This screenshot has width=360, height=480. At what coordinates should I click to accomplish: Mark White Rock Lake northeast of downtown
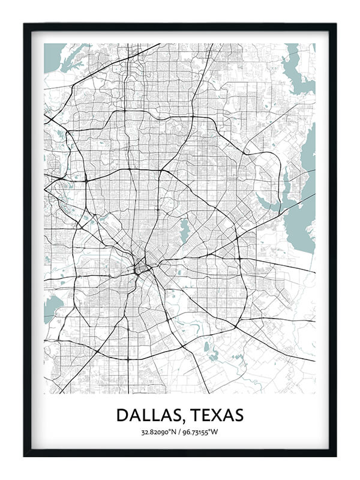tap(184, 230)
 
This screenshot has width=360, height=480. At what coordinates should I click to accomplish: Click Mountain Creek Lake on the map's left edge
tap(52, 307)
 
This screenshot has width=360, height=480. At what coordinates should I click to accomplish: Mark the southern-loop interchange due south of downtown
tap(128, 358)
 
